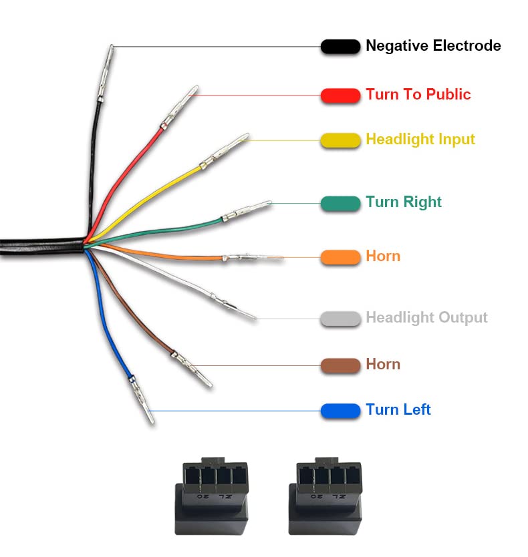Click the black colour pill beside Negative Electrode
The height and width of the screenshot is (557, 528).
click(x=340, y=47)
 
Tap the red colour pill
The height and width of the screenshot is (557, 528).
click(x=340, y=96)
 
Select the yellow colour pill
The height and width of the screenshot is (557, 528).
click(x=340, y=140)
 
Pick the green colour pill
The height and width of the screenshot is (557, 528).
click(x=340, y=204)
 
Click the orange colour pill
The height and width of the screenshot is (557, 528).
click(x=340, y=257)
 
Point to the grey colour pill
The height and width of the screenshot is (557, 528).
click(x=340, y=319)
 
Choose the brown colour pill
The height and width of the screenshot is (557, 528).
click(x=340, y=365)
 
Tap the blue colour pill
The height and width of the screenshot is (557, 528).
click(x=340, y=411)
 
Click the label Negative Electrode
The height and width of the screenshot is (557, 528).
click(x=433, y=46)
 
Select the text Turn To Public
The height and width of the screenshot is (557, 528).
click(x=418, y=94)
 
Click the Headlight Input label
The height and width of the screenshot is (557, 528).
click(x=420, y=139)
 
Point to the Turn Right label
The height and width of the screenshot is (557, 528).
click(x=404, y=202)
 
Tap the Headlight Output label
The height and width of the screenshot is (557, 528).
click(x=426, y=318)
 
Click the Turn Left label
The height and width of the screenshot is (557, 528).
click(x=398, y=409)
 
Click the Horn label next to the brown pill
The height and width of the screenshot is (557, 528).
click(x=383, y=365)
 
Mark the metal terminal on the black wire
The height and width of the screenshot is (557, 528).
click(x=106, y=73)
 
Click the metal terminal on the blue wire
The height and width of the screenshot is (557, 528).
click(x=142, y=399)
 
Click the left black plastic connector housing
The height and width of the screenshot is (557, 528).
click(x=211, y=496)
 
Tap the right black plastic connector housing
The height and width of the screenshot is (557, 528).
click(x=325, y=496)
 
